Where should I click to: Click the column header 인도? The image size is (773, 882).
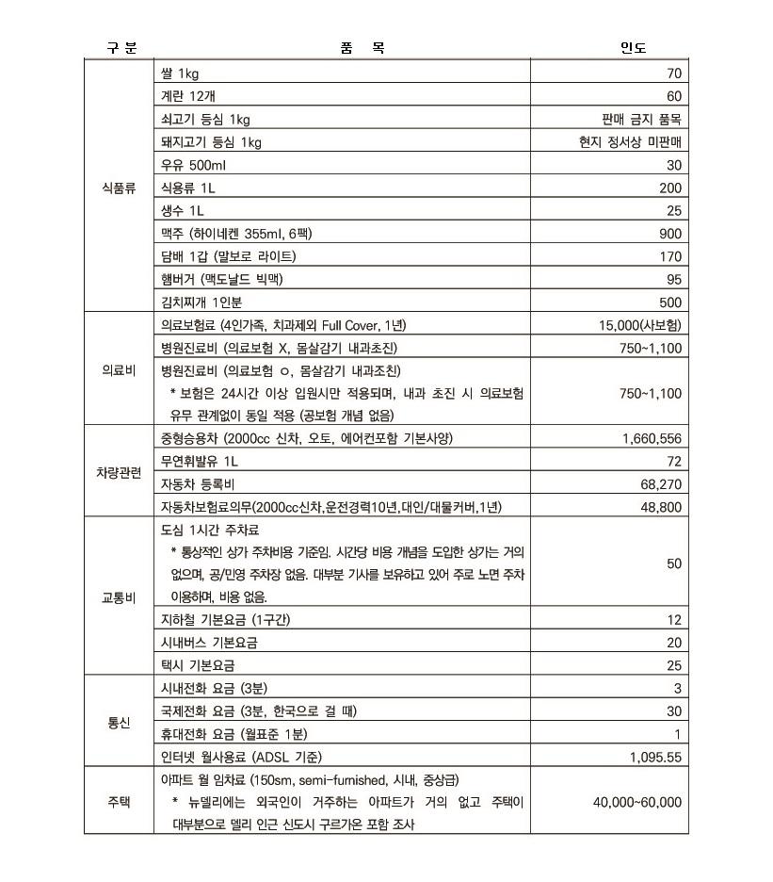pyautogui.click(x=633, y=48)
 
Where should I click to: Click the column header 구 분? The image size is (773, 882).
pyautogui.click(x=121, y=48)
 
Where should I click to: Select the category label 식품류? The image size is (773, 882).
pyautogui.click(x=120, y=188)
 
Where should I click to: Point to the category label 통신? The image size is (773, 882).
pyautogui.click(x=120, y=723)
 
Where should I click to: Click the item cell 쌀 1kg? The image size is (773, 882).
pyautogui.click(x=180, y=73)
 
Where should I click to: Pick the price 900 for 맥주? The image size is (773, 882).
pyautogui.click(x=669, y=234)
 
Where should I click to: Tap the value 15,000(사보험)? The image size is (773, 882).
pyautogui.click(x=640, y=325)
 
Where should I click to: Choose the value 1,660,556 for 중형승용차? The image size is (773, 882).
pyautogui.click(x=652, y=438)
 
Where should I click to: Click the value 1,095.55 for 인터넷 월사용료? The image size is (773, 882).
pyautogui.click(x=655, y=757)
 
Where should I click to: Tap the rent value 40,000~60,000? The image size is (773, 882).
pyautogui.click(x=637, y=802)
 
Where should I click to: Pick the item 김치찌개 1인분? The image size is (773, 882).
pyautogui.click(x=201, y=302)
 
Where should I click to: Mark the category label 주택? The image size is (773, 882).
pyautogui.click(x=120, y=802)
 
